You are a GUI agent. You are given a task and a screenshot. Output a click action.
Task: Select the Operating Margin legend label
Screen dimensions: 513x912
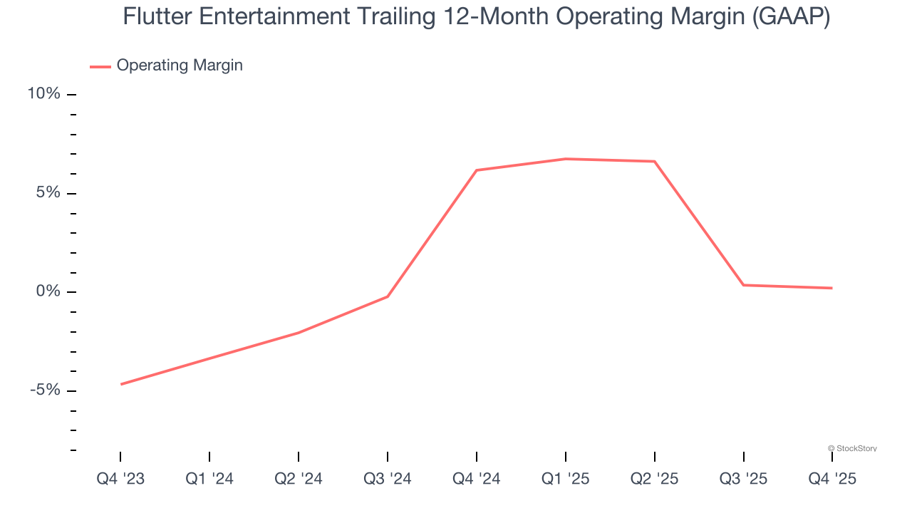pyautogui.click(x=180, y=66)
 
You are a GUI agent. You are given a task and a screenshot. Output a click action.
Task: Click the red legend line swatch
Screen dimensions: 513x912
pyautogui.click(x=100, y=66)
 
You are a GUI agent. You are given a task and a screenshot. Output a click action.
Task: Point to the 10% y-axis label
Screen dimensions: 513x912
pyautogui.click(x=44, y=94)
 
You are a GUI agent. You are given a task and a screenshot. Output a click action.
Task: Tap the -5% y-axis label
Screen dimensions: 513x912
pyautogui.click(x=45, y=390)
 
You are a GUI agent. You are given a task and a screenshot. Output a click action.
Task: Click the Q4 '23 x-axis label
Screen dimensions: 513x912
pyautogui.click(x=120, y=479)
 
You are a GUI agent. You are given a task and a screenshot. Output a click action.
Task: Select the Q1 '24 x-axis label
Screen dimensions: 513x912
pyautogui.click(x=209, y=479)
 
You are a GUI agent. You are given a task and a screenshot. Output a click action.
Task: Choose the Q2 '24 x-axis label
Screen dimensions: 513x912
pyautogui.click(x=299, y=479)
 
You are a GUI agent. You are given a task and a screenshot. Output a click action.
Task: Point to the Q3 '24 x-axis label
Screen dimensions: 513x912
pyautogui.click(x=388, y=479)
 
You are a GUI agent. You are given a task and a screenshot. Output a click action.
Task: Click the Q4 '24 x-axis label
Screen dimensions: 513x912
pyautogui.click(x=477, y=479)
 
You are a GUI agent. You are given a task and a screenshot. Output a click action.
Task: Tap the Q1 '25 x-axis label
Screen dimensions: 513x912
pyautogui.click(x=566, y=479)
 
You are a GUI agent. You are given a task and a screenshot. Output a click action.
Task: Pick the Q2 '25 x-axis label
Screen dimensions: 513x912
pyautogui.click(x=655, y=479)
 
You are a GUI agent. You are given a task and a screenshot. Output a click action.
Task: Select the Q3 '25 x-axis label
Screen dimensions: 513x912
pyautogui.click(x=744, y=479)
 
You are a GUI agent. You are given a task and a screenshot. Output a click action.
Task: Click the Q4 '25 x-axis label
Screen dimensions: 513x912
pyautogui.click(x=832, y=479)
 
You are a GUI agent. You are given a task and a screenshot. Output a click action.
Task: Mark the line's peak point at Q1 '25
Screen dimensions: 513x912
pyautogui.click(x=566, y=159)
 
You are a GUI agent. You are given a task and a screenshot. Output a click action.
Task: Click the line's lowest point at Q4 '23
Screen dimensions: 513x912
pyautogui.click(x=121, y=384)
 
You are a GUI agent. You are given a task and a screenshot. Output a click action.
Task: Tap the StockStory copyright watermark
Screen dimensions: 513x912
pyautogui.click(x=852, y=448)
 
